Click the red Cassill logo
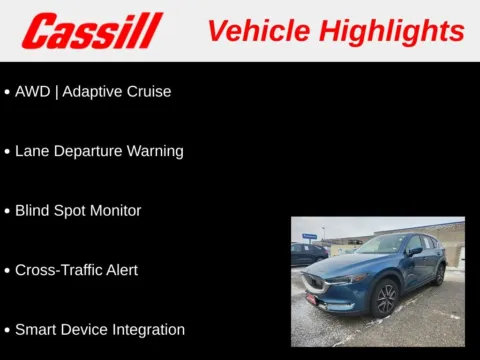pos(92,31)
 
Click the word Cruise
pos(147,91)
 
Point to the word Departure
pos(87,151)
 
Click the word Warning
pos(155,151)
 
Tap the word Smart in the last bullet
pos(37,330)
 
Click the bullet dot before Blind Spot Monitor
pos(7,211)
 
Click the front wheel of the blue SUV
pos(384,298)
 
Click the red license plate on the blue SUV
pos(311,297)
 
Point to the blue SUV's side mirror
pos(413,251)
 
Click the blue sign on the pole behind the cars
pos(310,237)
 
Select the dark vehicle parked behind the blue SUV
pos(307,254)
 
